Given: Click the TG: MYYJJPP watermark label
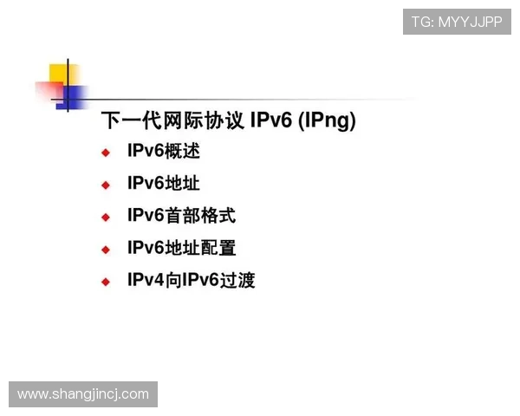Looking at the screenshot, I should point(457,22).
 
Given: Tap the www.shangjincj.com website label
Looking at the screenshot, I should point(83,394).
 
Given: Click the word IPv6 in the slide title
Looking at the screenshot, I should point(270,120).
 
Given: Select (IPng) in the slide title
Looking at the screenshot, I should point(327,121).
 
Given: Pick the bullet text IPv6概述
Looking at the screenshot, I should point(163,151).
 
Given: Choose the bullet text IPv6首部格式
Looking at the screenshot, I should point(181,216).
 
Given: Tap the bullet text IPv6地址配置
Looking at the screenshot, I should point(181,248).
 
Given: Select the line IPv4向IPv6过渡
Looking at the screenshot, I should point(191,280).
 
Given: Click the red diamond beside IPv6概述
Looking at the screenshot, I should point(106,153).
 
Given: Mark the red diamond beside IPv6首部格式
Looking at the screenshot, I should point(106,218).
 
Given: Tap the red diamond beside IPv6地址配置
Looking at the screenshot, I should point(106,250).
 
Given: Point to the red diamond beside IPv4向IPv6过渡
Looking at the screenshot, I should point(106,282).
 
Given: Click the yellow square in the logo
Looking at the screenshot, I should point(60,73).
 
